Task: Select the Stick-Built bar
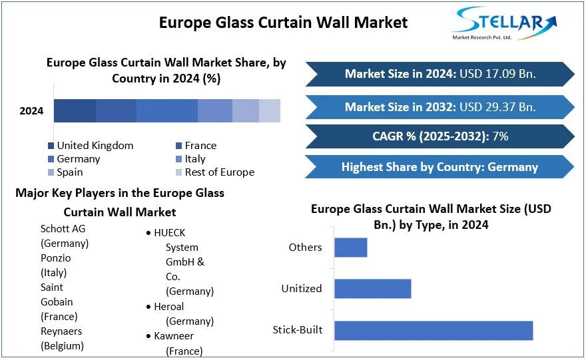click(433, 330)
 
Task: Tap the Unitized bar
click(372, 289)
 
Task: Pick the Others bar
click(350, 248)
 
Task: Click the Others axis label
click(305, 248)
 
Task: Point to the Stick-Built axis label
click(297, 330)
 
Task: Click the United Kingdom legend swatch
click(51, 146)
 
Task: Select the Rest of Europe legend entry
click(220, 172)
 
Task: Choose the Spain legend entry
click(70, 172)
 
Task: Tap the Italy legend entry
click(195, 159)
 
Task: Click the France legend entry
click(200, 146)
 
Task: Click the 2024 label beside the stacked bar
click(31, 111)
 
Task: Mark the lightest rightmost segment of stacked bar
click(270, 110)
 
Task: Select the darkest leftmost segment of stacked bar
click(75, 110)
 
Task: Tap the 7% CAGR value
click(500, 136)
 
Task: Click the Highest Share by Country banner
click(440, 167)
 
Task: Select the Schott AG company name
click(63, 229)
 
